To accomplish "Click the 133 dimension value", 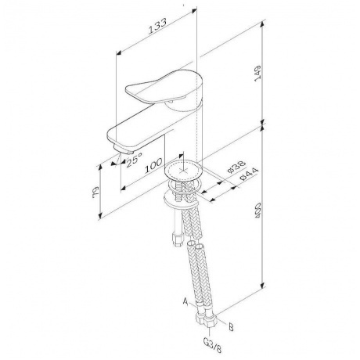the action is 157,27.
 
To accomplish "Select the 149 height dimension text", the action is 257,74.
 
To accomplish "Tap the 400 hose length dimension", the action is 257,210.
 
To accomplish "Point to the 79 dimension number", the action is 95,193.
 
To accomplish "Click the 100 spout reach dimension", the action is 153,165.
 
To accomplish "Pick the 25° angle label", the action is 134,160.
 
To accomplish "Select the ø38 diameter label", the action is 236,167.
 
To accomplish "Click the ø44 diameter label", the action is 249,174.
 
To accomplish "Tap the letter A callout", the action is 185,302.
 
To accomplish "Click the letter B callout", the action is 231,327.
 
